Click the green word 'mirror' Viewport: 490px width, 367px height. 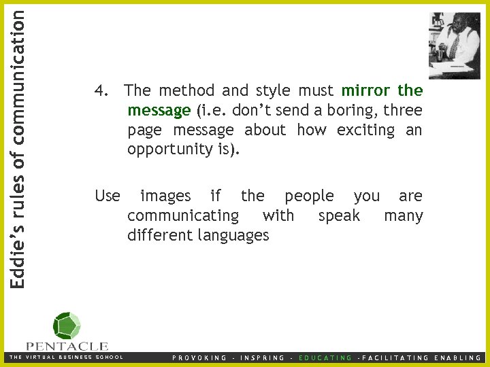[x=366, y=90]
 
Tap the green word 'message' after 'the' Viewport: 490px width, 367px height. [x=159, y=110]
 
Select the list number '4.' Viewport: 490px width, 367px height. [x=102, y=90]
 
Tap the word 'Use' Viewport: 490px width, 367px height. [x=108, y=196]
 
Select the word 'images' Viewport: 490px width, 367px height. [x=165, y=196]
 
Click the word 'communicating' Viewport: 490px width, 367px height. [x=183, y=216]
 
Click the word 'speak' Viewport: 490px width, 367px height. [x=339, y=216]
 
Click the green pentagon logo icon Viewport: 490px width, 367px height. [x=67, y=326]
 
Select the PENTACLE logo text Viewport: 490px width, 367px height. [x=67, y=346]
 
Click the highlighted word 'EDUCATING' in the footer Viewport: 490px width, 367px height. [x=326, y=357]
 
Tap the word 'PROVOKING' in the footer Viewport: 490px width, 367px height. [x=200, y=357]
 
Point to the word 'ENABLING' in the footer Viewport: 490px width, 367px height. [x=457, y=357]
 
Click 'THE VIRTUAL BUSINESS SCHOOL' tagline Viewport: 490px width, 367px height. [x=66, y=357]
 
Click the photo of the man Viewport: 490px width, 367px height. [x=454, y=45]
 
